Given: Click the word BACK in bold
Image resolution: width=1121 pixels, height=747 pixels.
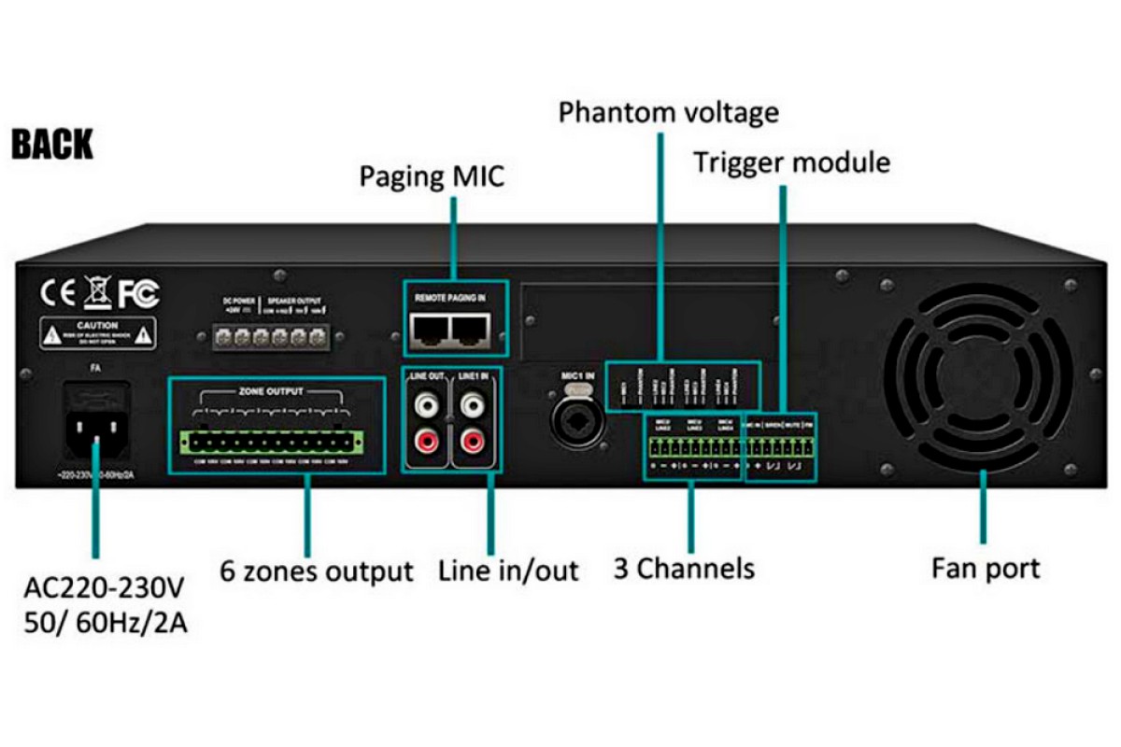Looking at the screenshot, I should point(52,146).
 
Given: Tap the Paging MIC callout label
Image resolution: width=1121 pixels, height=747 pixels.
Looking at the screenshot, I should point(432,176).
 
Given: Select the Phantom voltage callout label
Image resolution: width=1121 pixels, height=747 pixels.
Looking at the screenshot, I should point(668,113).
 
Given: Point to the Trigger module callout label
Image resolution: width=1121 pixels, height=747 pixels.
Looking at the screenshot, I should point(791,162).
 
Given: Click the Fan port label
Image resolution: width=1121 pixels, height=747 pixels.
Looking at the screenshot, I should point(985,568).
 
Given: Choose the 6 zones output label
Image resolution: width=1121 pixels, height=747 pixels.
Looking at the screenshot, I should point(317,570).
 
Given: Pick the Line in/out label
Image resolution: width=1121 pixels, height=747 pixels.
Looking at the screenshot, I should point(508,570).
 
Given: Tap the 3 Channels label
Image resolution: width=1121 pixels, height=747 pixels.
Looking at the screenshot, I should point(684,568).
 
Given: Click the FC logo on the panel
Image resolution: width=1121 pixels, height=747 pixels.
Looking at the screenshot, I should point(138,294).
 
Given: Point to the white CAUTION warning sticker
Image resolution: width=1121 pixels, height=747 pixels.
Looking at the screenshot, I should point(96,332).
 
